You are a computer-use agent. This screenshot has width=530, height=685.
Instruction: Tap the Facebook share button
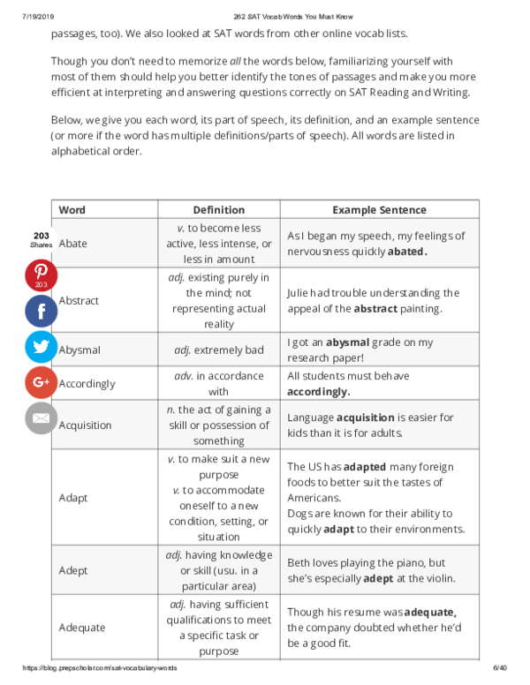41,311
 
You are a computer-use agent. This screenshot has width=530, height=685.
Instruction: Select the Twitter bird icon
41,346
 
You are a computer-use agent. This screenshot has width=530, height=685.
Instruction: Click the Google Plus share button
41,382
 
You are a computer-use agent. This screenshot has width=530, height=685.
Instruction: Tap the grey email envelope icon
41,418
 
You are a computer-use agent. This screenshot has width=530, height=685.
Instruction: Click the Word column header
72,210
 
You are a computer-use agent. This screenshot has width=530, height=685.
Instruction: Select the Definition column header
219,210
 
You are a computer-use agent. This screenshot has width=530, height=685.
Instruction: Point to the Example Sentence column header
379,210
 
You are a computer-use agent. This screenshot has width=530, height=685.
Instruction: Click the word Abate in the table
72,244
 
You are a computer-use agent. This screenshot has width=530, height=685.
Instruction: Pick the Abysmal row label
79,350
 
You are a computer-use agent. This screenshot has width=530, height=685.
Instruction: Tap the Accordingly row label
87,384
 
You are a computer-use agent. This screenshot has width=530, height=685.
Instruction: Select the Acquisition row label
85,425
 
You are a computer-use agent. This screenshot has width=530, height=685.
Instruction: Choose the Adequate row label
81,628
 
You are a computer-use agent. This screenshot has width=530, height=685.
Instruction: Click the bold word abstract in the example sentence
381,309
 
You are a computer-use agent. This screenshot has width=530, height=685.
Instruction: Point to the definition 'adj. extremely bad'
219,350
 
